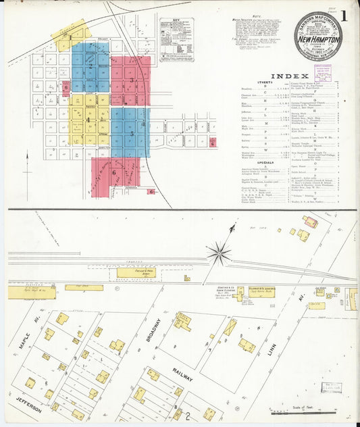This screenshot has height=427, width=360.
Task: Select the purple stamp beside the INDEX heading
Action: (322, 73)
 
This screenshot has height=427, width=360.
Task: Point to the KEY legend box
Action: (176, 41)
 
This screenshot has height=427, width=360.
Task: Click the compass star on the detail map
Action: (218, 255)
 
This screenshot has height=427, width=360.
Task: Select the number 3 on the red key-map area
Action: (132, 80)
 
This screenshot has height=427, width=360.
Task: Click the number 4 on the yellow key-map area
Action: (88, 120)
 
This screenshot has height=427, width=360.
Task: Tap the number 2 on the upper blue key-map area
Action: (90, 66)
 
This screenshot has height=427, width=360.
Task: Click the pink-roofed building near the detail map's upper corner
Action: (310, 222)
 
